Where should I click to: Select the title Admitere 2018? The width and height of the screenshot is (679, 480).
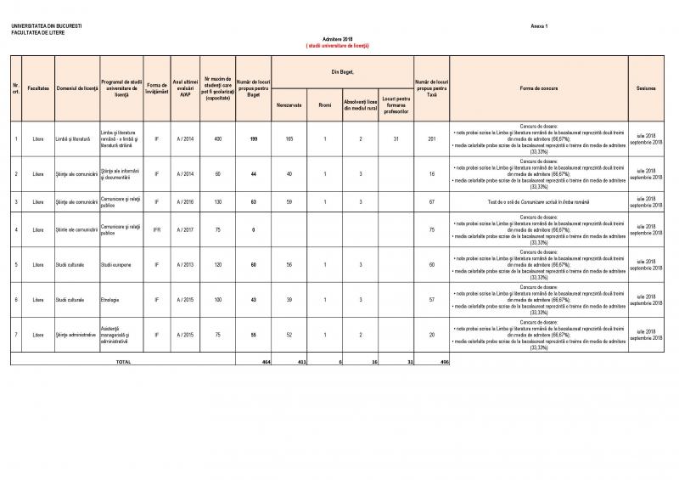337,40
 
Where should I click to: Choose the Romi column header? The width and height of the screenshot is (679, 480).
324,105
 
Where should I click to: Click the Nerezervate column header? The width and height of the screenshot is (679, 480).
289,105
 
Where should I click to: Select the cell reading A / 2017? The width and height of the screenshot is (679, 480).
184,230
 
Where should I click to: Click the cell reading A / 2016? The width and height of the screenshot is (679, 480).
184,202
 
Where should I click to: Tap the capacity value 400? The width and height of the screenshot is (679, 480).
218,138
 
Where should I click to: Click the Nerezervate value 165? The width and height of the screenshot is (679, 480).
289,138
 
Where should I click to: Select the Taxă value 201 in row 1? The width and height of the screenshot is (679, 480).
431,138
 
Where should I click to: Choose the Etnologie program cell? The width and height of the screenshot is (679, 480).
110,300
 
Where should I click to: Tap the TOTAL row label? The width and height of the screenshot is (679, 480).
123,361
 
